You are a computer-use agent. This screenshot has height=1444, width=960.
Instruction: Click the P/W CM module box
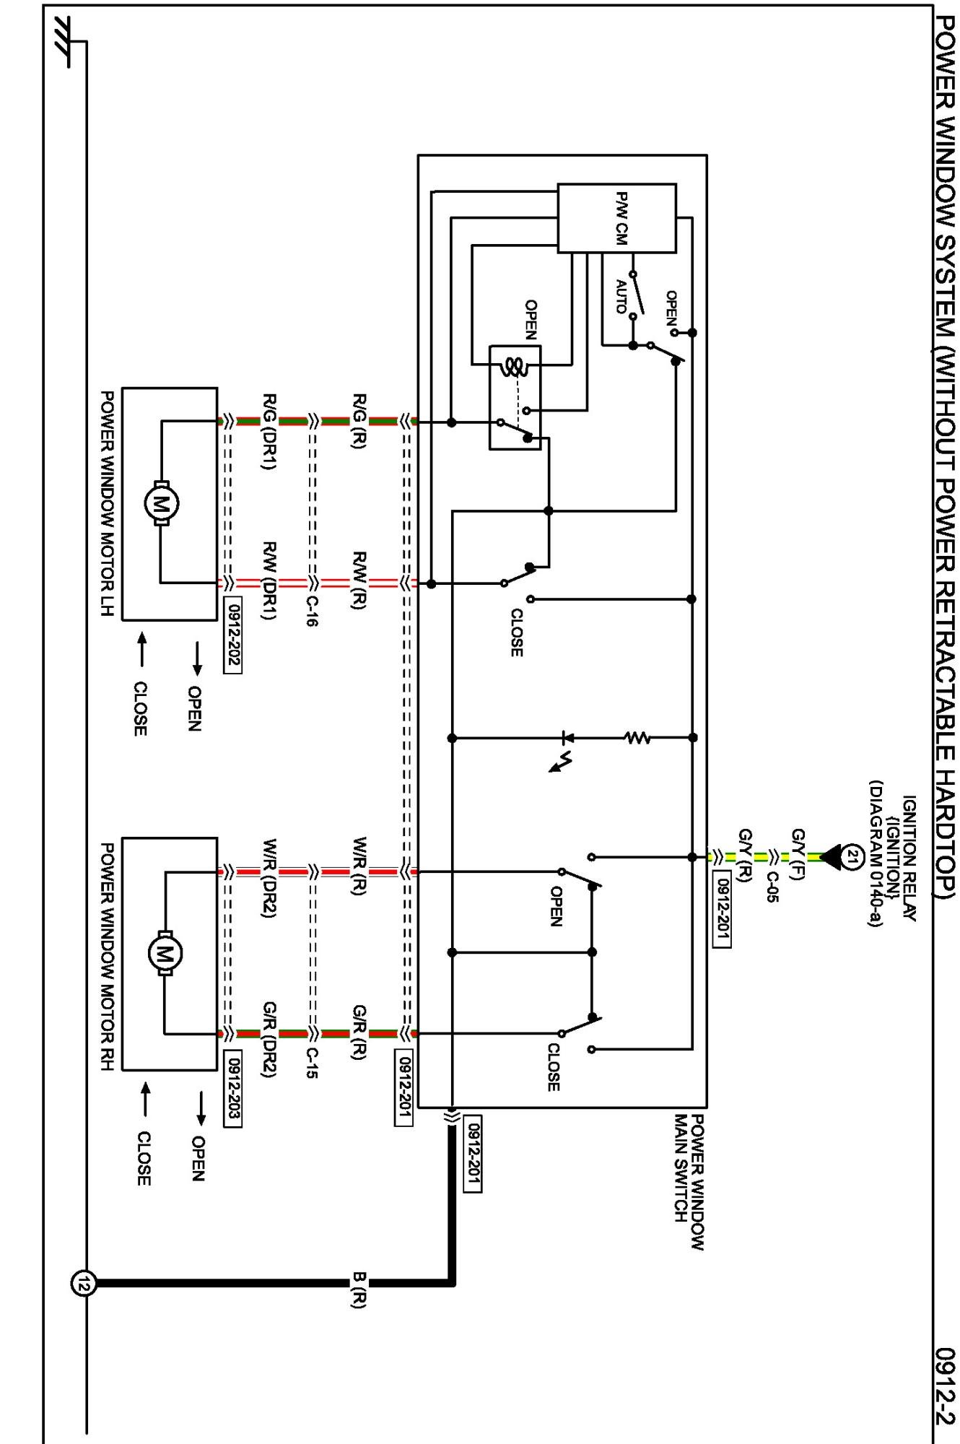[617, 218]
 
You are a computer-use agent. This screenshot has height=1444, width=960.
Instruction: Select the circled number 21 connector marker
[852, 857]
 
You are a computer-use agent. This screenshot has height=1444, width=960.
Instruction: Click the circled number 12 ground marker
[82, 1284]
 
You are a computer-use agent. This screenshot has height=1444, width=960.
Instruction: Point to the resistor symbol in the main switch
[637, 738]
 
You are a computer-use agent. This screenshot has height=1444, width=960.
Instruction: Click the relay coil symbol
[514, 367]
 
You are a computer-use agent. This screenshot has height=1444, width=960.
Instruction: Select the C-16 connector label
[311, 612]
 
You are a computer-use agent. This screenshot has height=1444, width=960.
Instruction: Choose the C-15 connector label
[311, 1063]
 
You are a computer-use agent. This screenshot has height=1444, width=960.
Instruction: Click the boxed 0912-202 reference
[233, 635]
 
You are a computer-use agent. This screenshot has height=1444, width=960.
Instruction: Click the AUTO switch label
[621, 297]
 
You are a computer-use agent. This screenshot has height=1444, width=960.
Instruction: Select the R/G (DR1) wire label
[269, 432]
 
